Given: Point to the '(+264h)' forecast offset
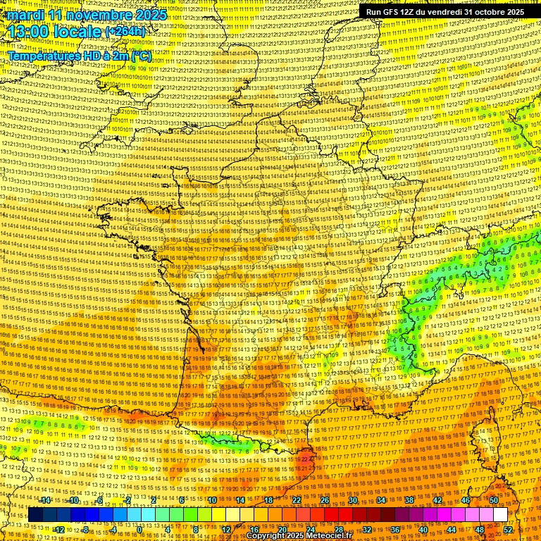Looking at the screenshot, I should click(125, 32).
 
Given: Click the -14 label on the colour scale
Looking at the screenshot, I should click(45, 500).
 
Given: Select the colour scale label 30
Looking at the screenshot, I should click(353, 500).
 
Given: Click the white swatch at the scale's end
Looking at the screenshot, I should click(500, 515).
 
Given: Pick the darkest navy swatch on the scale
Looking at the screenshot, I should click(35, 515).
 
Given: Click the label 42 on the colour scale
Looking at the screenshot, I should click(437, 500).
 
